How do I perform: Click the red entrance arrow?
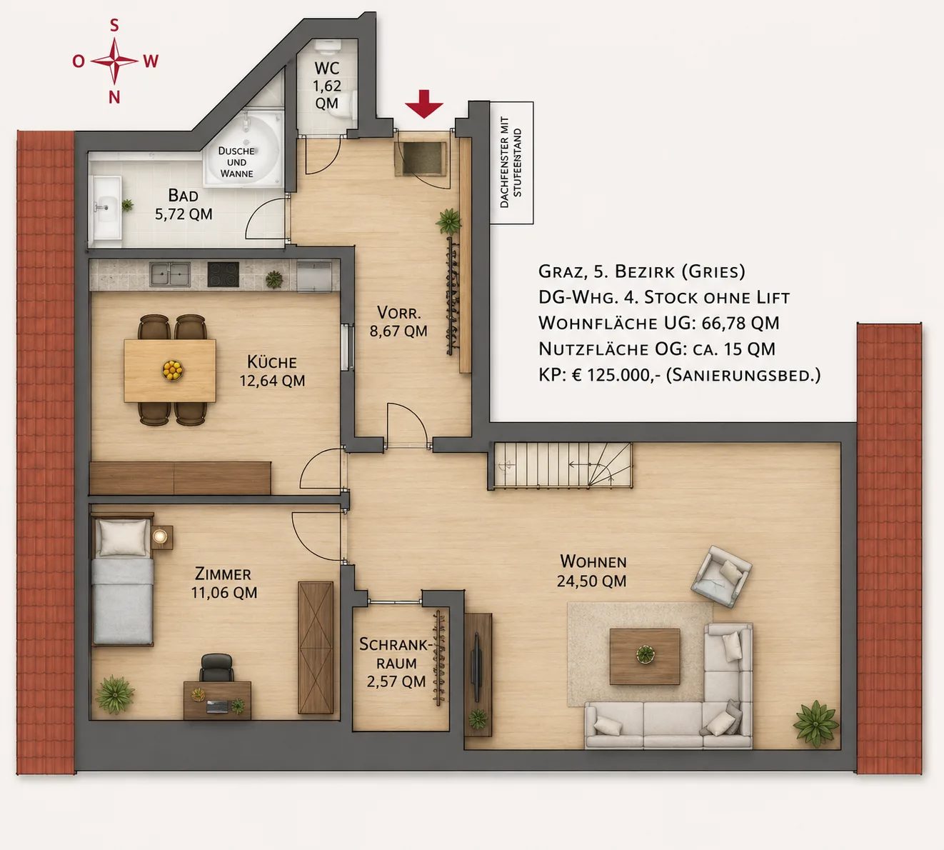coord(424,104)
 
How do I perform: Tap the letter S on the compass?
coord(114,26)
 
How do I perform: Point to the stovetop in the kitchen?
coord(223,274)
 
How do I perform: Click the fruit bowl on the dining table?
coord(173,370)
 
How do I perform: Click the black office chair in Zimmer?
coord(216,669)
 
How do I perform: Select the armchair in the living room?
coord(720,576)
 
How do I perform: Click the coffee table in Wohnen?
coord(645,656)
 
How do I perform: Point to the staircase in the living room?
coord(562,465)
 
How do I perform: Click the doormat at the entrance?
coord(422,159)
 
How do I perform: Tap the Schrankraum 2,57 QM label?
coord(396,663)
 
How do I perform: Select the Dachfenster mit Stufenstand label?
coord(511,162)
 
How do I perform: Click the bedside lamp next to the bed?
coord(161,536)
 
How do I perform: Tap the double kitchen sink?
coord(170,274)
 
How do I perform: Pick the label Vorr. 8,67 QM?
coord(398,321)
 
